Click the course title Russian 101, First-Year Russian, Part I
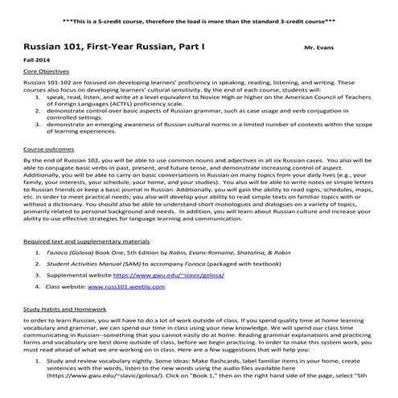113,47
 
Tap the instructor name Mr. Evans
321,49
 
